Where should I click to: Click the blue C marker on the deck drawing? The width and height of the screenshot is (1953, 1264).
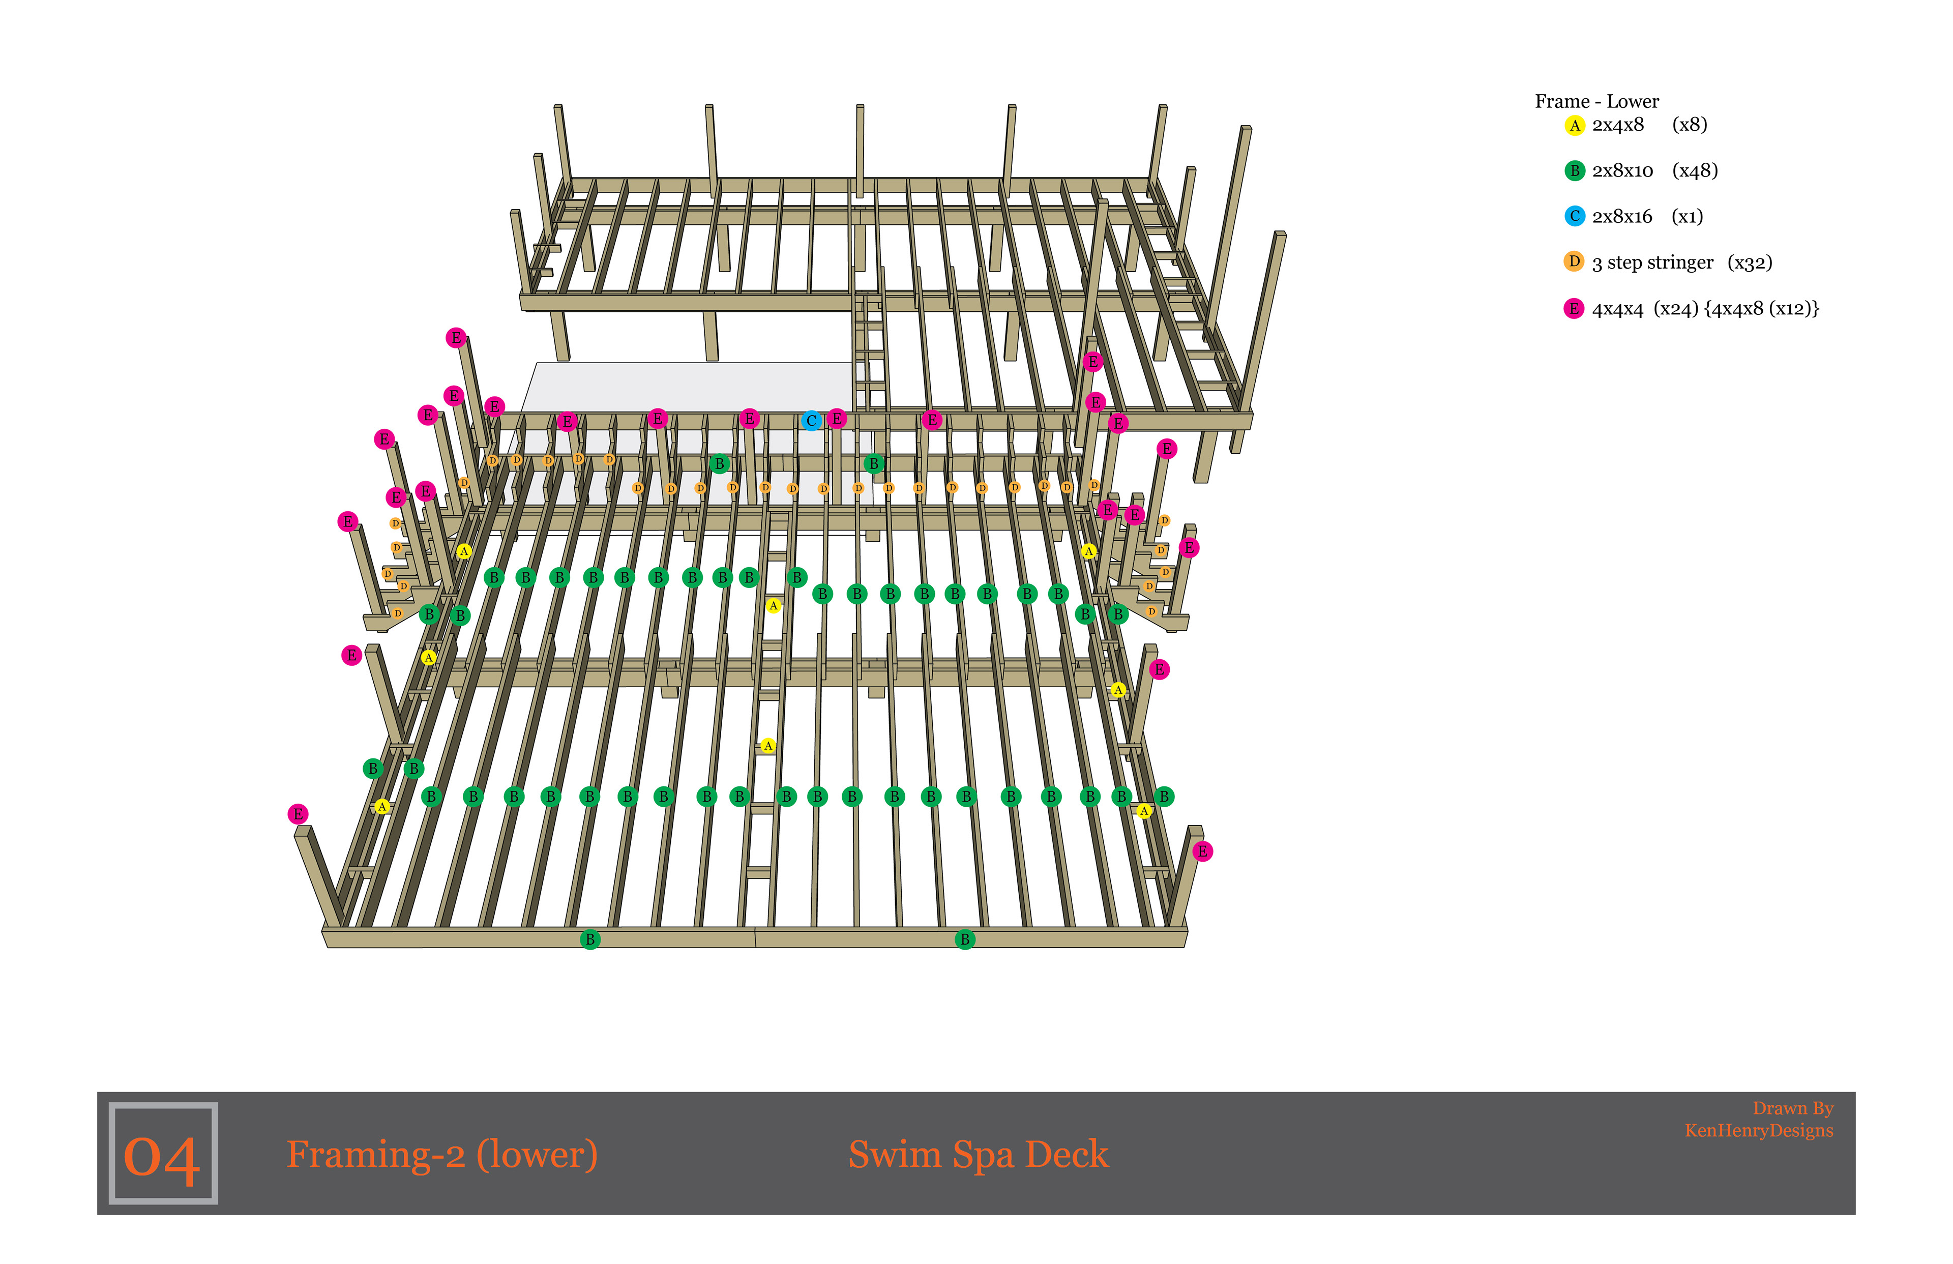811,421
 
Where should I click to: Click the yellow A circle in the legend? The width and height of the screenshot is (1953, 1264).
1574,126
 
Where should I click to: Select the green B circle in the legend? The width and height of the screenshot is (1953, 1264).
1574,171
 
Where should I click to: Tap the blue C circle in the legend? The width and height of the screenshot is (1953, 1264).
1574,217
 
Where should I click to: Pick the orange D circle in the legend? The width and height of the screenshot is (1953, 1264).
1574,262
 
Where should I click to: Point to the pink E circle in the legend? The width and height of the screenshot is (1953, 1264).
1574,309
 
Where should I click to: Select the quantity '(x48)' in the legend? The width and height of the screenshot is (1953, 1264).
1695,171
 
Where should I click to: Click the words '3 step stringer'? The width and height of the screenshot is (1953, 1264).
1652,262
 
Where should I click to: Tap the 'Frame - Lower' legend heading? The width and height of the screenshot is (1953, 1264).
1597,102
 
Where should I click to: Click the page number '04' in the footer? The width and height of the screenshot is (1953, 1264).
162,1156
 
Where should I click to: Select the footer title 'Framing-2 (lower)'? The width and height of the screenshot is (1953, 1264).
441,1154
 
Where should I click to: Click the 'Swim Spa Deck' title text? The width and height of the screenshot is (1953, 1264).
978,1154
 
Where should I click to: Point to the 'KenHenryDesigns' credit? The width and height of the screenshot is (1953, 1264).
1759,1131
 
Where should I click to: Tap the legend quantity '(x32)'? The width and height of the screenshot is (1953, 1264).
1750,262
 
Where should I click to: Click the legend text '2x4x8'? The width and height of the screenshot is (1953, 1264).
1618,125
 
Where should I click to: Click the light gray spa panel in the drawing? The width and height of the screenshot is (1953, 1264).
689,386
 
